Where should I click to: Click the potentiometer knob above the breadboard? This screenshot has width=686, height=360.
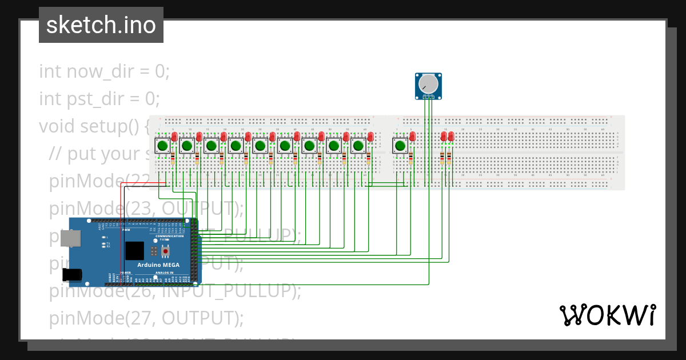(428, 85)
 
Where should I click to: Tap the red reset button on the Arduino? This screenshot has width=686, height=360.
(166, 251)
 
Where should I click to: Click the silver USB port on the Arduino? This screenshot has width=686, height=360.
(70, 239)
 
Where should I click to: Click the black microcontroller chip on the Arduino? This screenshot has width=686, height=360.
(134, 251)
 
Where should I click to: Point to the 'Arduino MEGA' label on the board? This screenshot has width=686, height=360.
(158, 265)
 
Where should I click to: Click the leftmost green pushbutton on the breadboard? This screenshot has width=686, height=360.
(162, 146)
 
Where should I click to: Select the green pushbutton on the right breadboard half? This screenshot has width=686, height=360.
(400, 146)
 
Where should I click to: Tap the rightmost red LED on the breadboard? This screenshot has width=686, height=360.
(451, 137)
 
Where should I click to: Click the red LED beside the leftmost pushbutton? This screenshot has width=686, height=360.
(174, 137)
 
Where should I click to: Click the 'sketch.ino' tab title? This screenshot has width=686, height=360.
(101, 25)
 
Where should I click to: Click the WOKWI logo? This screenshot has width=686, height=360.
(607, 315)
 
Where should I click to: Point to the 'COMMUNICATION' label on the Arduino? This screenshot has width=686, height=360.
(170, 236)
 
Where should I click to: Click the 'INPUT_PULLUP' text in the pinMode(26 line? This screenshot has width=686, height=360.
(232, 291)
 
